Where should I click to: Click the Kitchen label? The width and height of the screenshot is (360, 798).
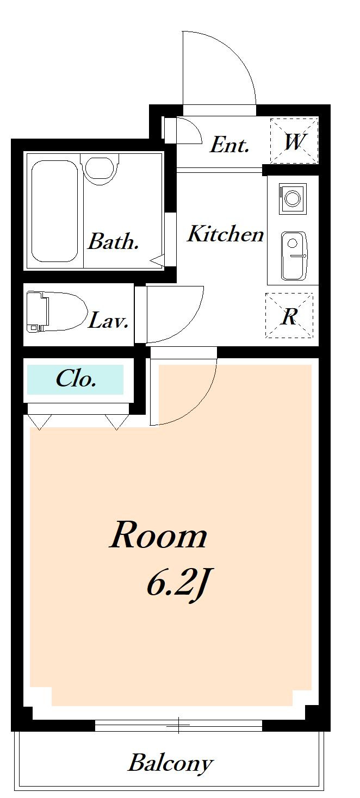tap(225, 234)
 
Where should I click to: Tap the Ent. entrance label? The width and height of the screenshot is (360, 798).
tap(229, 145)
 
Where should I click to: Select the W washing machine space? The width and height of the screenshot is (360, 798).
tap(294, 141)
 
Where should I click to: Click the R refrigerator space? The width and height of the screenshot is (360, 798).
tap(289, 315)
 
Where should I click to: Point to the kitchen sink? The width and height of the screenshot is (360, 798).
tap(294, 256)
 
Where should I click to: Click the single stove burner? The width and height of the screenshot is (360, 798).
tap(293, 198)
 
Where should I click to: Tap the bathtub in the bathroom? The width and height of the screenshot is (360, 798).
tap(54, 211)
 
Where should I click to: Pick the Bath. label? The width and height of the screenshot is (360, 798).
tap(113, 241)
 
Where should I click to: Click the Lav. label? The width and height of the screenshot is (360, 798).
tap(108, 320)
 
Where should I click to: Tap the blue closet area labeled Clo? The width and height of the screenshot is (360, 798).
tap(75, 379)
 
